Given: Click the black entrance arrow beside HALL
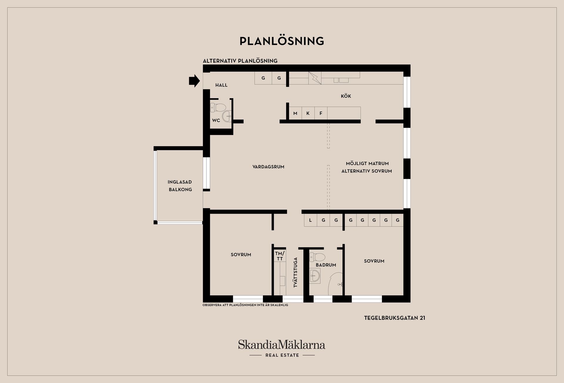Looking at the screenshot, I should click(194, 81).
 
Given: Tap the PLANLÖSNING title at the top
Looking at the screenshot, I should click(282, 41).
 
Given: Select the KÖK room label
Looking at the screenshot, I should click(346, 96).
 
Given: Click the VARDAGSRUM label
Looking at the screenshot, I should click(268, 167).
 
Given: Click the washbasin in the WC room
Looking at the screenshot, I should click(227, 116).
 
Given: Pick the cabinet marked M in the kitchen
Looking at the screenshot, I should click(295, 113).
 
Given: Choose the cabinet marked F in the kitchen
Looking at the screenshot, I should click(321, 113).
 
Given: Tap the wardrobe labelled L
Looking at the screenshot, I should click(310, 220).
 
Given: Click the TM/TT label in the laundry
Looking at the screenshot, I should click(280, 256).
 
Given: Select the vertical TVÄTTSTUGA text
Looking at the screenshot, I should click(296, 272).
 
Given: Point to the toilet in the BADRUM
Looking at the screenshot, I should click(318, 257).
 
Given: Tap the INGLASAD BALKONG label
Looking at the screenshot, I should click(180, 186).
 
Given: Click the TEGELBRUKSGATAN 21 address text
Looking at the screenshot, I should click(395, 318).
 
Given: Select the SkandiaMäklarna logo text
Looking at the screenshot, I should click(282, 344).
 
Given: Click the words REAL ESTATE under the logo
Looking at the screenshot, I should click(282, 355).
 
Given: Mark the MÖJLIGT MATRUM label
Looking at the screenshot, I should click(367, 164).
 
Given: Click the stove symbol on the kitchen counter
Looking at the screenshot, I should click(315, 78).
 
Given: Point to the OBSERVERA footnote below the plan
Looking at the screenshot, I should click(245, 305).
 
